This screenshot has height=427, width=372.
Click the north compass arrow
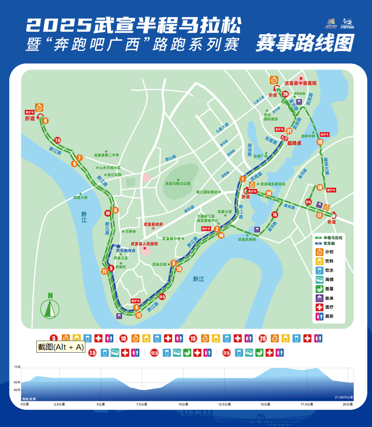click(49, 306)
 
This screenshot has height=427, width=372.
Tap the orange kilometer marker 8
click(45, 121)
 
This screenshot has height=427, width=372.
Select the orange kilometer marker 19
click(320, 143)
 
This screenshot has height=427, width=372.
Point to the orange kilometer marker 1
click(243, 179)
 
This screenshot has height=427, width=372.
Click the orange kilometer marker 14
click(221, 235)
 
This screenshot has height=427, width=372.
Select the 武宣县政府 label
click(154, 224)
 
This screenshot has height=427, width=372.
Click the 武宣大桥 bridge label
click(80, 198)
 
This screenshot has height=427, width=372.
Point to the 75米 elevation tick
click(17, 367)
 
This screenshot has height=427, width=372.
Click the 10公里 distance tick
click(183, 404)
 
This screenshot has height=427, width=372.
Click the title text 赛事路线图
click(304, 42)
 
